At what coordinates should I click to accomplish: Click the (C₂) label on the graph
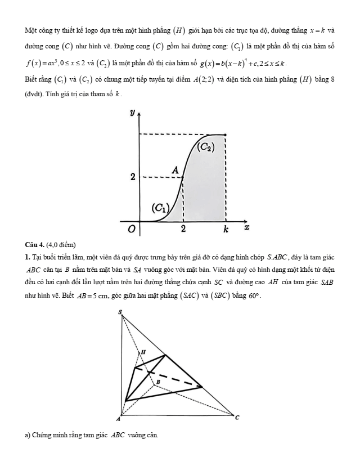[207, 148]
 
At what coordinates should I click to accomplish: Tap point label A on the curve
[175, 169]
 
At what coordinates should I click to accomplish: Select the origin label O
[132, 229]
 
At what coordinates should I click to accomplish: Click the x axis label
[246, 228]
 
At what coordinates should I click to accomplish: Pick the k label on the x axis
[226, 230]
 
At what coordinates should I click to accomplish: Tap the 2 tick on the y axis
[133, 177]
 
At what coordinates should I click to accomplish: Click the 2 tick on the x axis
[183, 230]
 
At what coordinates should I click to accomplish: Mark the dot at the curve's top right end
[225, 135]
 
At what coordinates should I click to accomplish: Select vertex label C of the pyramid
[237, 417]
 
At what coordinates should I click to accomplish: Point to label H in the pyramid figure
[142, 351]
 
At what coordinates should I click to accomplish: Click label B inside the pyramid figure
[158, 382]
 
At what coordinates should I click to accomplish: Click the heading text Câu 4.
[35, 243]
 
